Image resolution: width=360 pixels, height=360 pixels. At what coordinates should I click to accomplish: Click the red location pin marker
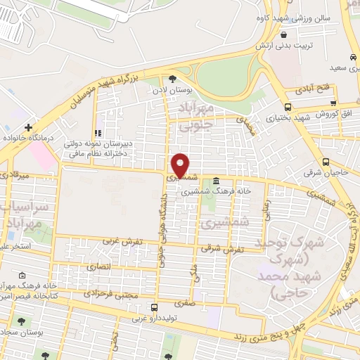pyautogui.click(x=181, y=165)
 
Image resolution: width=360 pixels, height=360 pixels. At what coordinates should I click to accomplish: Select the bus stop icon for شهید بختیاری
pyautogui.click(x=288, y=106)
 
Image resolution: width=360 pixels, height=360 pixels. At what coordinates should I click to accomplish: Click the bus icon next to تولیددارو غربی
pyautogui.click(x=154, y=307)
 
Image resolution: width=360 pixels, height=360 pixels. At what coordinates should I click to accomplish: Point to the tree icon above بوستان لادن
pyautogui.click(x=172, y=79)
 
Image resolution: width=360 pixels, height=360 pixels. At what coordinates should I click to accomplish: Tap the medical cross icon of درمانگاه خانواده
pyautogui.click(x=27, y=127)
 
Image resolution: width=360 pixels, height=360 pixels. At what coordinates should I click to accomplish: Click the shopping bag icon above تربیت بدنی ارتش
pyautogui.click(x=283, y=34)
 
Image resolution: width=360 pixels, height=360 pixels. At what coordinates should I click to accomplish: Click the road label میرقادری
pyautogui.click(x=12, y=172)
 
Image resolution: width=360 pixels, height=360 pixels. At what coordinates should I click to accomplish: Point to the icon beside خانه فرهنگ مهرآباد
pyautogui.click(x=22, y=275)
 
